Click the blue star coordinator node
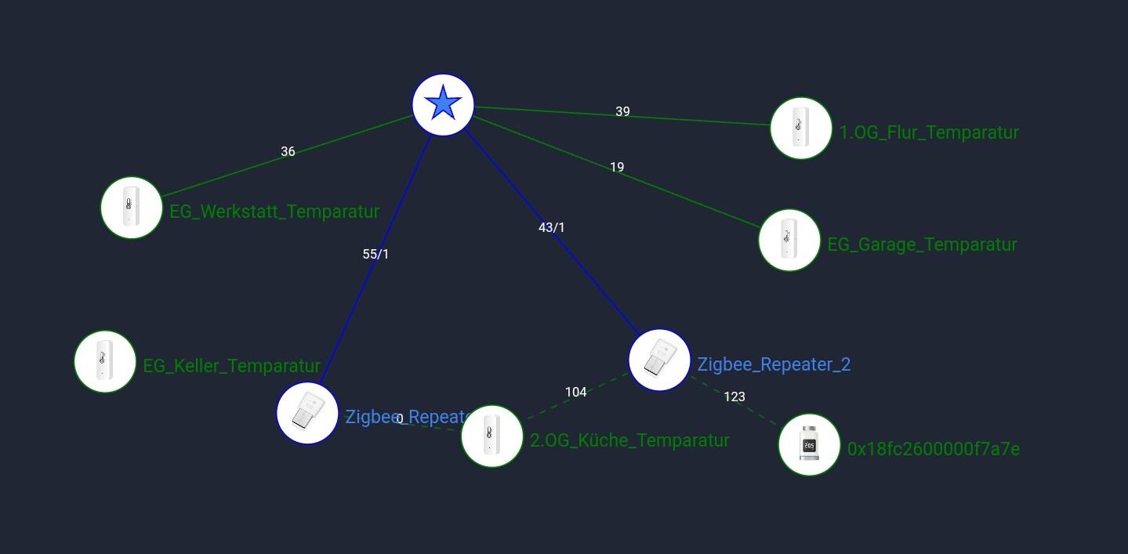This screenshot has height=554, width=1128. click(x=443, y=104)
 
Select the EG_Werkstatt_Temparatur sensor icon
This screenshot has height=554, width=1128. click(x=131, y=208)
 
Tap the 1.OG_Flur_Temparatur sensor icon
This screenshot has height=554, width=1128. click(x=800, y=128)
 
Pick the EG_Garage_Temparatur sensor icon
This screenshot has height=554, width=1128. click(x=789, y=240)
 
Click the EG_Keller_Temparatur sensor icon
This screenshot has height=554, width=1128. click(x=104, y=361)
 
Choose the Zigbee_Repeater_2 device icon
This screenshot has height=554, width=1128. click(x=659, y=360)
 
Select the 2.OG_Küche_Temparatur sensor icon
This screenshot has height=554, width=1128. click(x=491, y=436)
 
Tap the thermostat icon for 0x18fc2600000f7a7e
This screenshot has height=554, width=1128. click(x=809, y=444)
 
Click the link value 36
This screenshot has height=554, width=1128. click(x=288, y=151)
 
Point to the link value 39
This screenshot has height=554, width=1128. click(x=622, y=111)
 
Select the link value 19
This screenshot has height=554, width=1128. click(x=617, y=167)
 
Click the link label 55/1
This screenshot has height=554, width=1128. click(x=375, y=254)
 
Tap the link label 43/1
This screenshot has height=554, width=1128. click(x=551, y=227)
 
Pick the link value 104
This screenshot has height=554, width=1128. click(x=575, y=392)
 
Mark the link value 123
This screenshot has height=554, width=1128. click(x=734, y=396)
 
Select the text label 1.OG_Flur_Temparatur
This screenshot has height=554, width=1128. click(x=929, y=132)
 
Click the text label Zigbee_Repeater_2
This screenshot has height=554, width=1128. click(x=774, y=364)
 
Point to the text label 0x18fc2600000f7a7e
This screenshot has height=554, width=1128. click(x=934, y=449)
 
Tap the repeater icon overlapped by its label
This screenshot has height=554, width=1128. click(x=306, y=413)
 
